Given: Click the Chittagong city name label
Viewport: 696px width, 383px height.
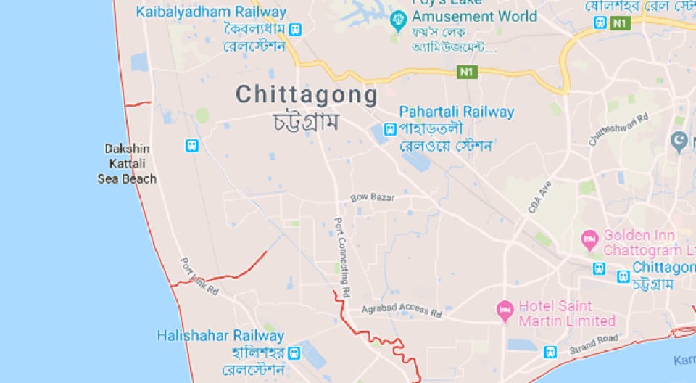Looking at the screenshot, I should pyautogui.click(x=307, y=95).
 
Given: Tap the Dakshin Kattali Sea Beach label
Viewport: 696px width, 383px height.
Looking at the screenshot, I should pyautogui.click(x=127, y=163).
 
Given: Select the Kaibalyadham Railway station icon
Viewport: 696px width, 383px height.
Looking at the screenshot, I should pyautogui.click(x=294, y=30).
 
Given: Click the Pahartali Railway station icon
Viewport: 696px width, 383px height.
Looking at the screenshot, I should pyautogui.click(x=391, y=130).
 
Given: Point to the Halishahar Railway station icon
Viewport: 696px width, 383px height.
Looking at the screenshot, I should pyautogui.click(x=294, y=354).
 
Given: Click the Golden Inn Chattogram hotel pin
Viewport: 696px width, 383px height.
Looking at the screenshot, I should pyautogui.click(x=590, y=238).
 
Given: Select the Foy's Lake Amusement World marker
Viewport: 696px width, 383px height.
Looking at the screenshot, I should pyautogui.click(x=397, y=19).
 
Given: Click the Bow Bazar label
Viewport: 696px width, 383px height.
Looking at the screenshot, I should pyautogui.click(x=370, y=197).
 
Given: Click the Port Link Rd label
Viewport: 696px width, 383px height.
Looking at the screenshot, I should pyautogui.click(x=199, y=276).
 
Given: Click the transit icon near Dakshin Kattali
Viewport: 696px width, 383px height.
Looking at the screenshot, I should pyautogui.click(x=191, y=145).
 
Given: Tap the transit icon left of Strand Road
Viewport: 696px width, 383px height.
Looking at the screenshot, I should pyautogui.click(x=551, y=353).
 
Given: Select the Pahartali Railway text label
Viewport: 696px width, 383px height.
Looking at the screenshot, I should pyautogui.click(x=457, y=112).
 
